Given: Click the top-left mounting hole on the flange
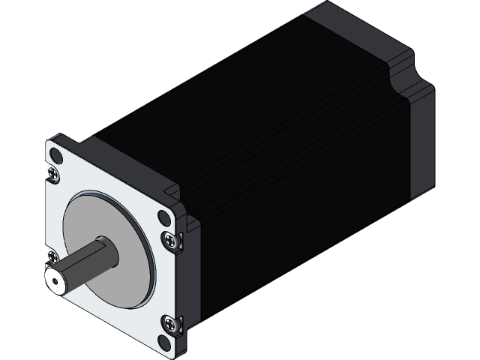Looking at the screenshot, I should [x=56, y=156].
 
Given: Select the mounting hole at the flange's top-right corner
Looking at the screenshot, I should [x=164, y=218].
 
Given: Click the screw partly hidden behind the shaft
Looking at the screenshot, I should [x=50, y=254].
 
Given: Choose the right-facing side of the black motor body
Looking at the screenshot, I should [x=300, y=225].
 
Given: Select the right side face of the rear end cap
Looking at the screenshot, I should [x=420, y=142].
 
